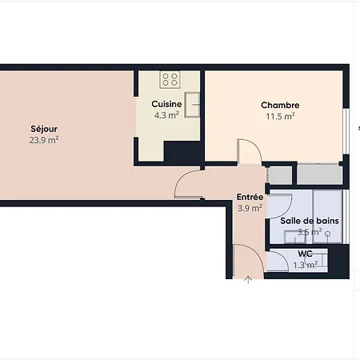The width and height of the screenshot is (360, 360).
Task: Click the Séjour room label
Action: pyautogui.click(x=44, y=129)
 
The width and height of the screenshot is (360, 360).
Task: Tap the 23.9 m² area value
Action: pyautogui.click(x=44, y=140)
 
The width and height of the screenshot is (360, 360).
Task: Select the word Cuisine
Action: pyautogui.click(x=166, y=104)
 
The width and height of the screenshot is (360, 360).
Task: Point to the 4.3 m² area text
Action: pyautogui.click(x=166, y=115)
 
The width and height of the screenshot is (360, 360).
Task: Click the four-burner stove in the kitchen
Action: pyautogui.click(x=170, y=79)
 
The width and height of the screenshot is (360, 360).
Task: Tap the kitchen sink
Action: pyautogui.click(x=192, y=105)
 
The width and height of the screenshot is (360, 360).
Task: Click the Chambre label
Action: pyautogui.click(x=280, y=105)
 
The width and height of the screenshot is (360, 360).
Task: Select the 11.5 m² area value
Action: pyautogui.click(x=280, y=117)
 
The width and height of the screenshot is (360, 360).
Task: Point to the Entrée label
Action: pyautogui.click(x=250, y=197)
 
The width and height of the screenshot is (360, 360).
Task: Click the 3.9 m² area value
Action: pyautogui.click(x=250, y=208)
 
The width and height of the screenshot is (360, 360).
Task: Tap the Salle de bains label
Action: pyautogui.click(x=310, y=221)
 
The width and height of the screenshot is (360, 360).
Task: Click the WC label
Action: pyautogui.click(x=305, y=254)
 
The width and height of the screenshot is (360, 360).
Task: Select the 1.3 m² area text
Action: pyautogui.click(x=305, y=265)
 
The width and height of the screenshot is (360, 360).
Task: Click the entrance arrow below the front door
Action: pyautogui.click(x=248, y=280)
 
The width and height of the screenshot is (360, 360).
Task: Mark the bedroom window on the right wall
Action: pyautogui.click(x=346, y=131)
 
